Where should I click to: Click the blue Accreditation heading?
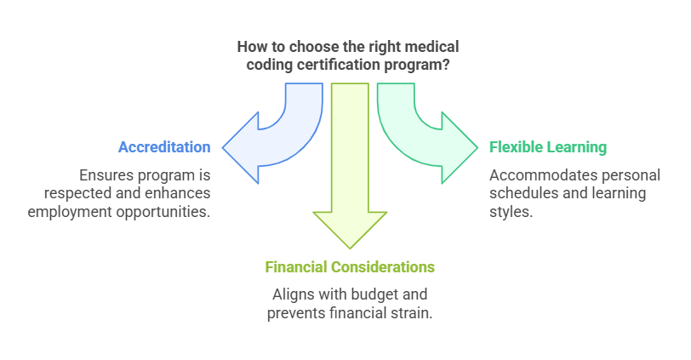point(164,147)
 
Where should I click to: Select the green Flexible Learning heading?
point(548,147)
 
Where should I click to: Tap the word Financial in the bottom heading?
point(296,267)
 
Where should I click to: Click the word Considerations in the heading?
point(382,267)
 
